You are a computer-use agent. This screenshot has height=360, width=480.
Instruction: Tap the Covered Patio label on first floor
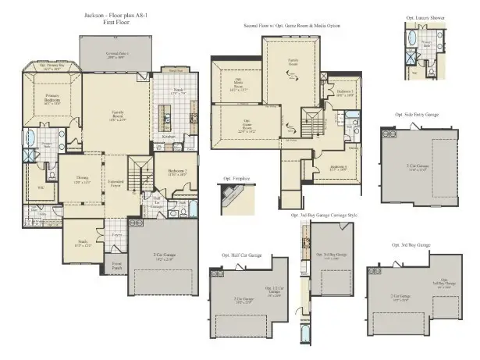tap(118, 55)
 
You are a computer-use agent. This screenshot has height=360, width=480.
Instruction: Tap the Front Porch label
tap(117, 266)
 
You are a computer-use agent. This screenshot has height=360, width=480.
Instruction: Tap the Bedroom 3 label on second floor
tap(346, 92)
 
